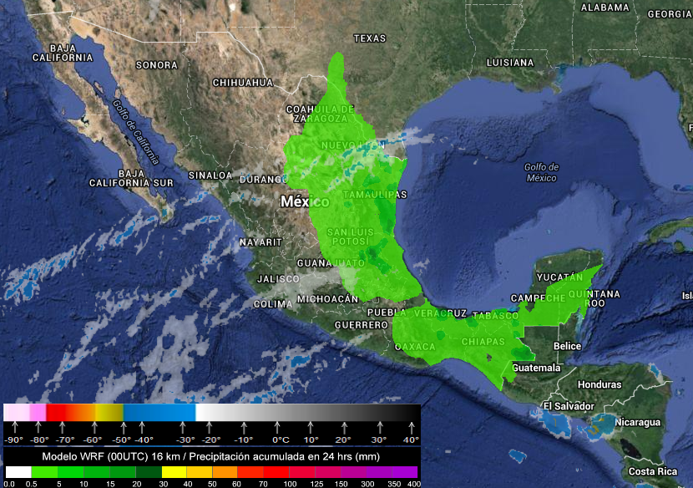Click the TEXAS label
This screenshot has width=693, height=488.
coord(370,38)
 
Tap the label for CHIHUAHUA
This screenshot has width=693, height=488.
coord(243,83)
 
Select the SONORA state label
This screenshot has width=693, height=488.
coord(157,64)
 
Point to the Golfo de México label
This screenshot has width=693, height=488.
coord(541,172)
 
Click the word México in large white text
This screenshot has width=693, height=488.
coord(305,202)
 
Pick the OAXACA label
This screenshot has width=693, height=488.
coord(415,345)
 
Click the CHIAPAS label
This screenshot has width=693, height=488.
coord(483,342)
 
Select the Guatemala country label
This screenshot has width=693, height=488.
coord(536,368)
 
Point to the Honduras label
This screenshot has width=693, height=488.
coord(599,384)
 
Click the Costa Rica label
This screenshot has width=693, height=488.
coord(654,471)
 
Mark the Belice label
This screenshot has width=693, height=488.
coord(568,346)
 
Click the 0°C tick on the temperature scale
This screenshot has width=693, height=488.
coord(281,440)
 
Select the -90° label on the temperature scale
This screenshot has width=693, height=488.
coord(13,440)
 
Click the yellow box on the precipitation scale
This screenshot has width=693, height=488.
coord(172,472)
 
